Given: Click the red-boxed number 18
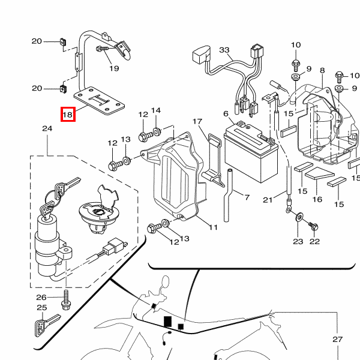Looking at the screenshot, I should [x=67, y=114].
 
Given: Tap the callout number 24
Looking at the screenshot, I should [x=47, y=128].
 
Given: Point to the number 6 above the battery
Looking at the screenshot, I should [x=226, y=113].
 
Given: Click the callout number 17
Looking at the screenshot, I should [x=197, y=122].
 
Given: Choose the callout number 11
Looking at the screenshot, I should [x=213, y=227].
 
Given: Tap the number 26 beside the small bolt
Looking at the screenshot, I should [x=41, y=298].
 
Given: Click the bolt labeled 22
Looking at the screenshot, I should [x=313, y=226].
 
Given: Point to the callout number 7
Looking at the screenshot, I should [x=245, y=196].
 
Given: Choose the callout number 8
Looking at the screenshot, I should [x=322, y=71].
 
